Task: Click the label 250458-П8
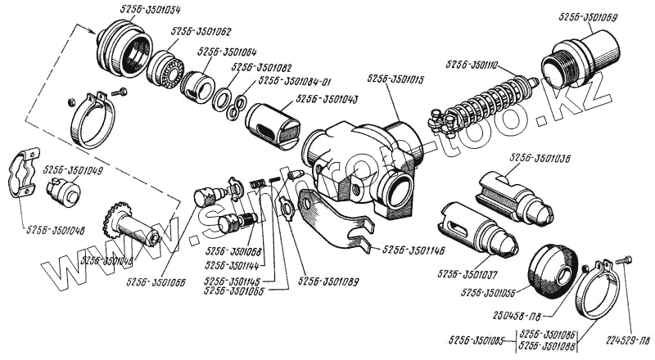547,315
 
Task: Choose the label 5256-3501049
71,170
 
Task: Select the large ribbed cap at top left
123,49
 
